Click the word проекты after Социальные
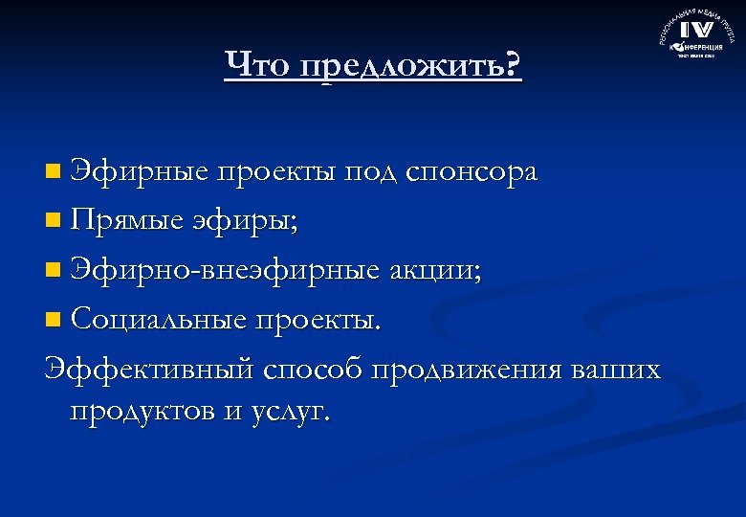[x=319, y=320]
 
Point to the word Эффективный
[x=148, y=369]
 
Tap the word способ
[x=315, y=369]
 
